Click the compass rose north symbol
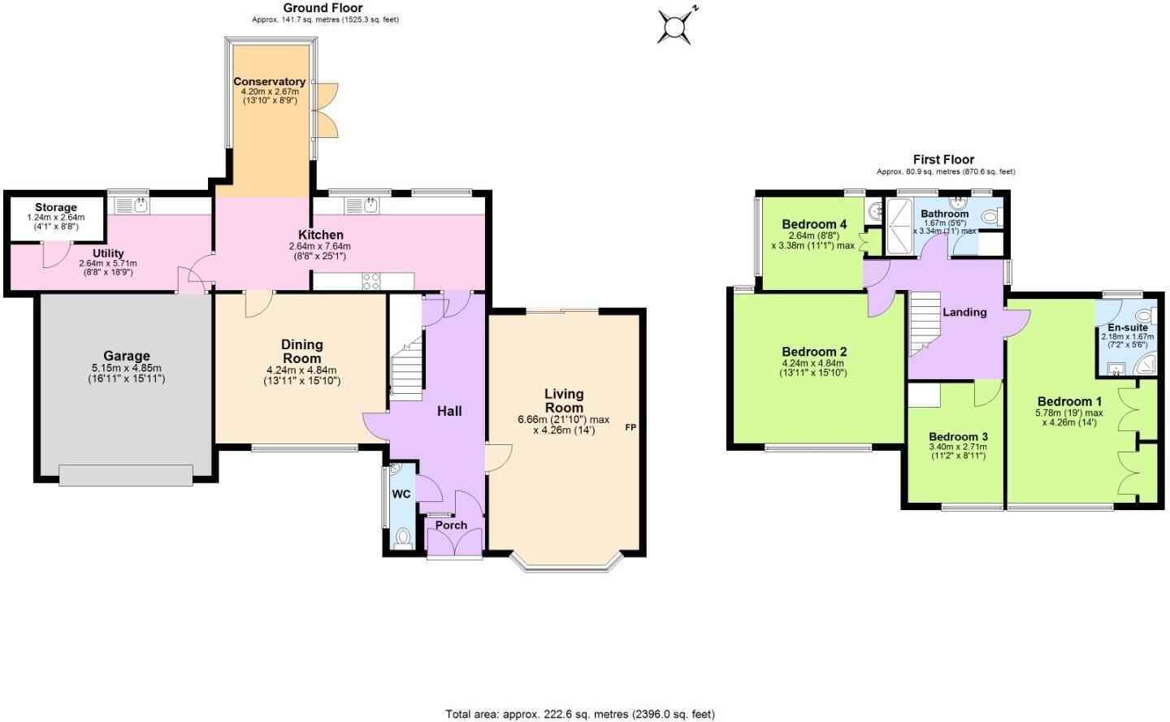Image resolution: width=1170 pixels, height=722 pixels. (676, 26)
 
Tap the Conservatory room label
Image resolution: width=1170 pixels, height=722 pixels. (269, 81)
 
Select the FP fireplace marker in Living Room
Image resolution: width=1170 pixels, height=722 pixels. (630, 427)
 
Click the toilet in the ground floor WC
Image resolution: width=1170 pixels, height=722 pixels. (402, 537)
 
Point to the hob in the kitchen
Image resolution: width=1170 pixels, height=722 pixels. (370, 281)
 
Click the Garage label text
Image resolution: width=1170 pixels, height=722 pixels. (126, 356)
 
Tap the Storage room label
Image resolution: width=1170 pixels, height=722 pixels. (55, 207)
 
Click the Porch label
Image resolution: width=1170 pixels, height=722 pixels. (451, 525)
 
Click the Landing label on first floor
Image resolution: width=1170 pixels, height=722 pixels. (964, 312)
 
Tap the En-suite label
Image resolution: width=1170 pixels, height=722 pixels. (1127, 327)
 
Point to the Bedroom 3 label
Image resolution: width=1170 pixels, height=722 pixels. (958, 436)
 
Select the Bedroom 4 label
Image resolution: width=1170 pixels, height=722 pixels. (814, 224)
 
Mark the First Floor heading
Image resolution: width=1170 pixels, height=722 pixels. (942, 159)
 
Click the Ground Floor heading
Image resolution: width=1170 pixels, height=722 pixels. (323, 8)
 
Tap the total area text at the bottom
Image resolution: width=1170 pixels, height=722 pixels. (579, 714)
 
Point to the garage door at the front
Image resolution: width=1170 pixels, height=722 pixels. (126, 475)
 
